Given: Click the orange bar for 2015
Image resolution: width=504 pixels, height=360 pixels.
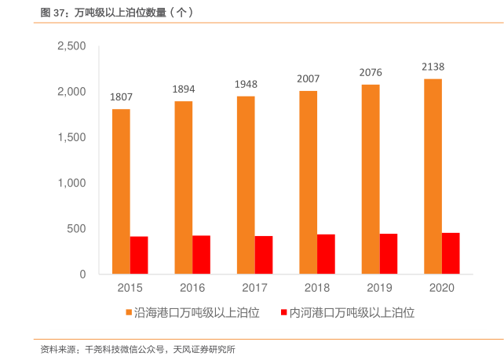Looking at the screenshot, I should pyautogui.click(x=121, y=191).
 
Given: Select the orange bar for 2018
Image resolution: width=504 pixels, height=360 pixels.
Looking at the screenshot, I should pyautogui.click(x=308, y=182).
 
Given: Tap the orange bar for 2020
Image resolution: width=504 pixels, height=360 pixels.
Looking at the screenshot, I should pyautogui.click(x=433, y=176).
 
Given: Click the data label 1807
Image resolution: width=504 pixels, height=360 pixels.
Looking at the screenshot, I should pyautogui.click(x=121, y=97).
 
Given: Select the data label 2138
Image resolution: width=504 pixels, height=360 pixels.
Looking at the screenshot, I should pyautogui.click(x=433, y=67).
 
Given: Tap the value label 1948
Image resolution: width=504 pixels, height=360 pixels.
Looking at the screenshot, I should pyautogui.click(x=246, y=84).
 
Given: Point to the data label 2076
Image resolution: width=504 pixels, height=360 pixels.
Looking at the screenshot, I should pyautogui.click(x=371, y=72).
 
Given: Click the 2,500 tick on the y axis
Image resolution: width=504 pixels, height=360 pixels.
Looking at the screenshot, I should pyautogui.click(x=71, y=46).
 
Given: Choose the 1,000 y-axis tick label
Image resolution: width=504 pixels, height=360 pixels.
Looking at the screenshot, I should pyautogui.click(x=71, y=183).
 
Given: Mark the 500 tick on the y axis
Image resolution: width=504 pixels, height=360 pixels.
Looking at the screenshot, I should pyautogui.click(x=76, y=229).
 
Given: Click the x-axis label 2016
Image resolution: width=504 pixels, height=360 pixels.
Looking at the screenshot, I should pyautogui.click(x=192, y=288).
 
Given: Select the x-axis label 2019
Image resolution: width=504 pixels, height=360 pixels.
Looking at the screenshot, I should pyautogui.click(x=379, y=288).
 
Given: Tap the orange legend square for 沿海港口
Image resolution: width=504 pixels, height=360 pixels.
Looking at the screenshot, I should pyautogui.click(x=130, y=313).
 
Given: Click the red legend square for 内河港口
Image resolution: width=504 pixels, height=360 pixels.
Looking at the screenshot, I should pyautogui.click(x=284, y=313).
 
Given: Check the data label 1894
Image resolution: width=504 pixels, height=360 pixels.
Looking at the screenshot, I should pyautogui.click(x=184, y=89).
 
